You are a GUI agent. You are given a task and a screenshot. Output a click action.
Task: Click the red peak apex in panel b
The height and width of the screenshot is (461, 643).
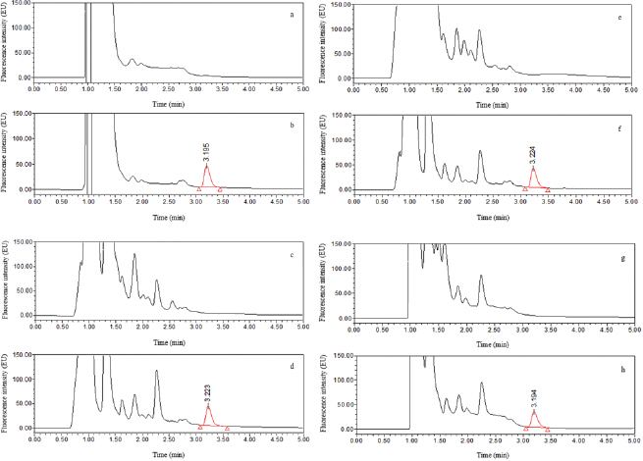point(206,167)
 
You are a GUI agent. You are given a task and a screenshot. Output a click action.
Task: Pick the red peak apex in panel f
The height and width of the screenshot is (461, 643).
point(533,168)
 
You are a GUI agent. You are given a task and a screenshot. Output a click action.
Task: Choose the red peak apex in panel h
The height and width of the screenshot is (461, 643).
point(534,410)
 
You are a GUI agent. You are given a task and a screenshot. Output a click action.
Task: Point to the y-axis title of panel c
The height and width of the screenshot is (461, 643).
point(7,278)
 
